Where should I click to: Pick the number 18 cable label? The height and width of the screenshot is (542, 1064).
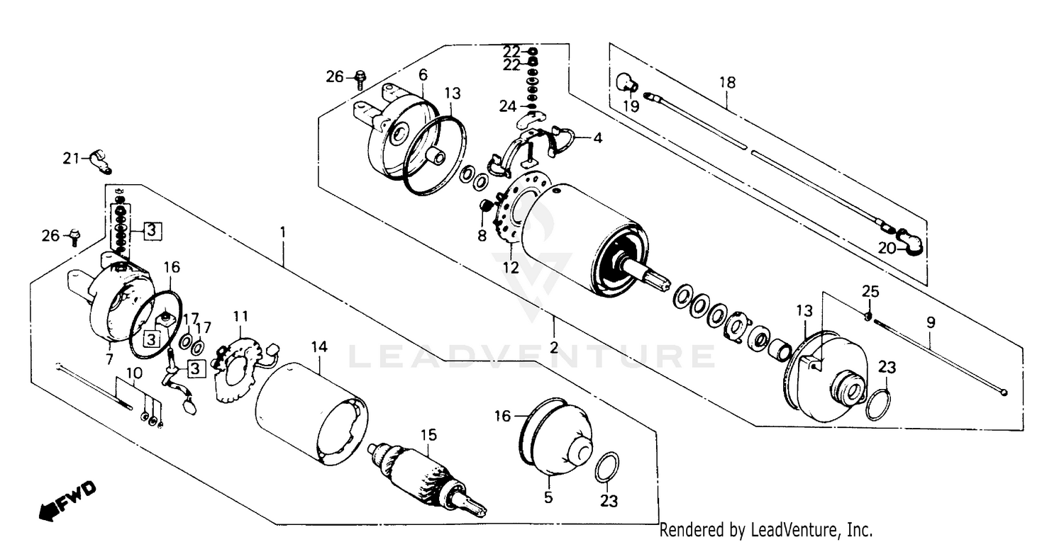(x=727, y=83)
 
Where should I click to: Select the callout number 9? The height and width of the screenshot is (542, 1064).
(x=930, y=322)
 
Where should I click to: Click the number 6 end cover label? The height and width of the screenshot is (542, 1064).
(x=423, y=74)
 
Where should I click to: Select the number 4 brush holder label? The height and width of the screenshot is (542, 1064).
(x=597, y=139)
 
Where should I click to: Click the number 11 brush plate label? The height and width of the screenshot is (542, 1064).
(x=241, y=315)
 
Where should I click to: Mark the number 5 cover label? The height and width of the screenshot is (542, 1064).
(x=548, y=498)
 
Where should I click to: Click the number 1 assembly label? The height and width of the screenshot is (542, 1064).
(x=283, y=232)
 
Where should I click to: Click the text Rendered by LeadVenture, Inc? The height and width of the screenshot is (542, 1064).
(x=765, y=529)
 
